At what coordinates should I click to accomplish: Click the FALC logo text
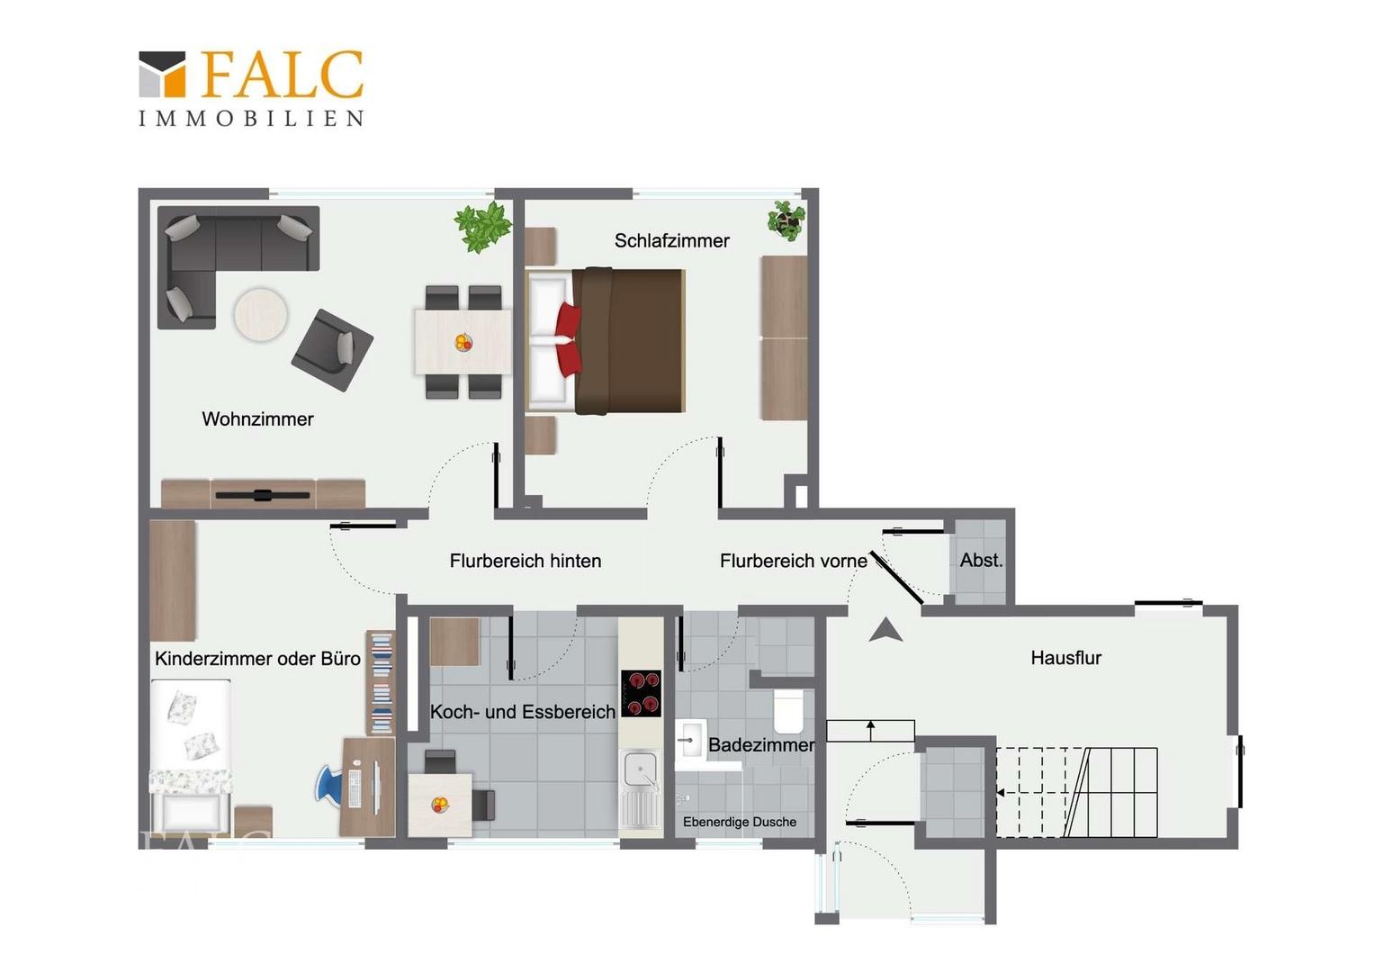pos(283,75)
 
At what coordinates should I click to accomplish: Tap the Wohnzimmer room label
pos(257,419)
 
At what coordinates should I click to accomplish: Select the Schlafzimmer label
pos(671,240)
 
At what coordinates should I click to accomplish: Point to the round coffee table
pos(261,314)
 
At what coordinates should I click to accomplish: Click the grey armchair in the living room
pos(332,349)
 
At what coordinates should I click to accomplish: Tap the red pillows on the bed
pos(569,339)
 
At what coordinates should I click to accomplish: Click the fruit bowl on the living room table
pos(463,342)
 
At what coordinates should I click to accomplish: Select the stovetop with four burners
pos(641,693)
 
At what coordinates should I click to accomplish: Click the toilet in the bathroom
pos(788,711)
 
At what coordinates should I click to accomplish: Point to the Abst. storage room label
pos(981,560)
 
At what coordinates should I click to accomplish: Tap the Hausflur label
pos(1065,658)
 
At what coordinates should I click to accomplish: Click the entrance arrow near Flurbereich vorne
pos(885,630)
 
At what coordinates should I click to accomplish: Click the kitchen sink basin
pos(640,770)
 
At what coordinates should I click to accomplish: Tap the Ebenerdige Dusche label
pos(740,823)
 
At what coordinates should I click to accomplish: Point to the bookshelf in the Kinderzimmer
pos(381,682)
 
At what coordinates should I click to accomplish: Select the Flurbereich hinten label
pos(526,561)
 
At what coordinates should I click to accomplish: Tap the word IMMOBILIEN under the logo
pos(252,119)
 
